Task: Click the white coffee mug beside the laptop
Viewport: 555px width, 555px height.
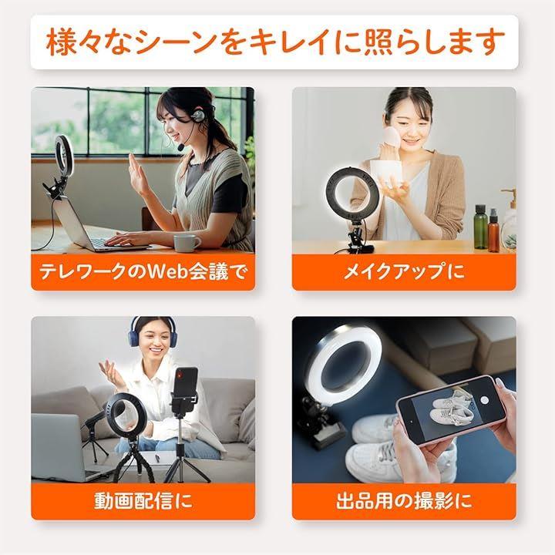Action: [187, 243]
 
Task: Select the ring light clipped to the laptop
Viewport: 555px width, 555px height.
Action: [64, 153]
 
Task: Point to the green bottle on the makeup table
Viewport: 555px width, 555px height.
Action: [480, 227]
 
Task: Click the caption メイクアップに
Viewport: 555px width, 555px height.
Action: [403, 272]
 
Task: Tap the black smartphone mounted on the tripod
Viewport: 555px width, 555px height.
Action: [187, 388]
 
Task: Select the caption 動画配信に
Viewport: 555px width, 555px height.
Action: [143, 501]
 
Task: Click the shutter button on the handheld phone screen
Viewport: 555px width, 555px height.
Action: [485, 399]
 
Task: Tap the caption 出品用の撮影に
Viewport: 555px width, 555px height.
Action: [404, 501]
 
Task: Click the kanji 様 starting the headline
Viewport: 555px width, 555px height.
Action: [60, 42]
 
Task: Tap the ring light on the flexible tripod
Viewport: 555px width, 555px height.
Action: [120, 414]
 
